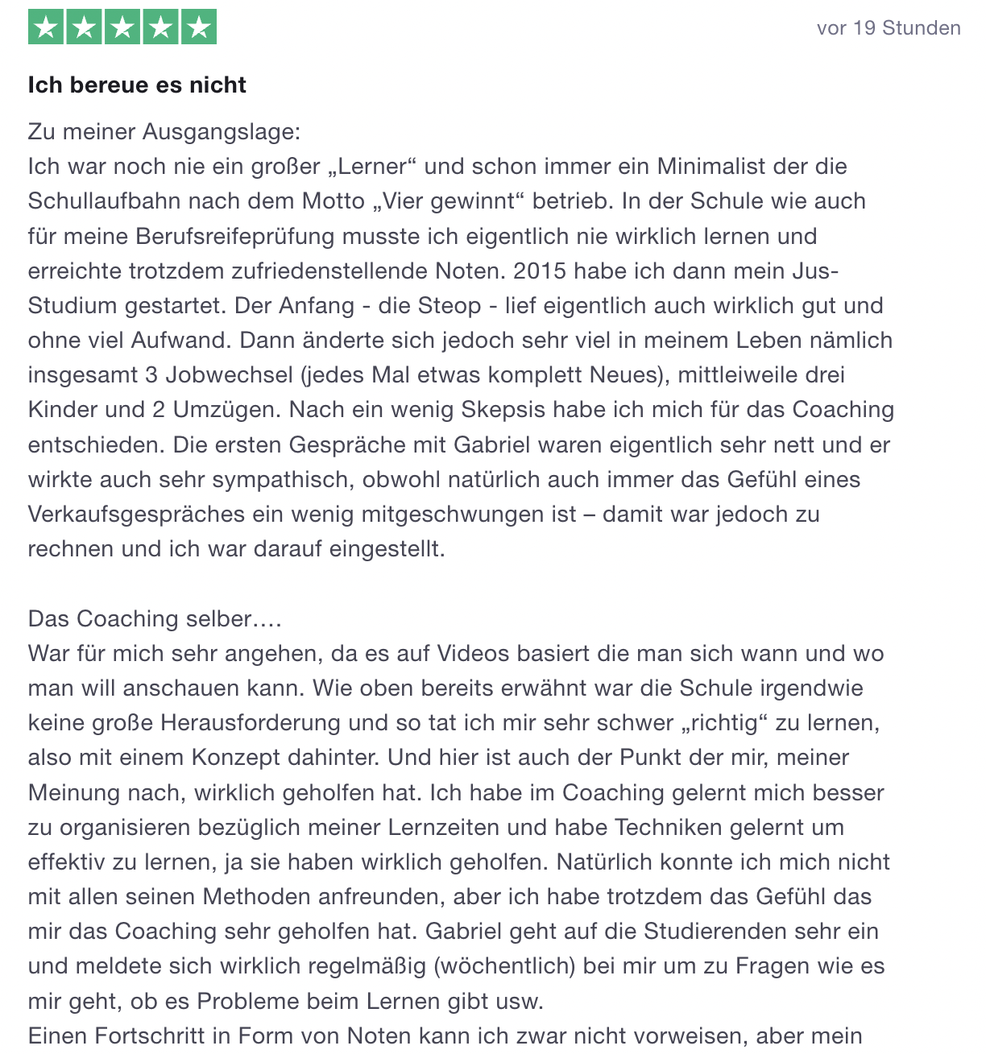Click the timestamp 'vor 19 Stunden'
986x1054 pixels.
(888, 28)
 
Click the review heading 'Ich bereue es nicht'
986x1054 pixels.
(137, 85)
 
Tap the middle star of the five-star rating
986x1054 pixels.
(122, 28)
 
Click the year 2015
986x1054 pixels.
(540, 271)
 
